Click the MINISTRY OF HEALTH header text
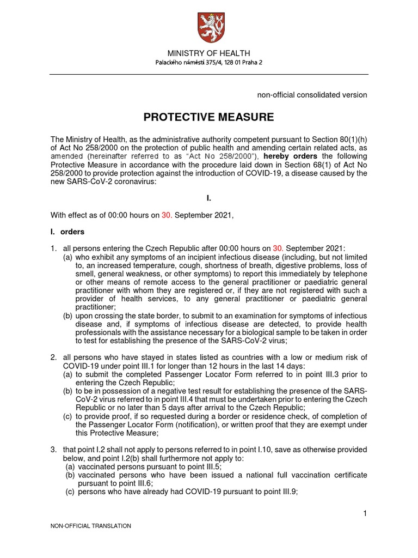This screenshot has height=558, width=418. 208,53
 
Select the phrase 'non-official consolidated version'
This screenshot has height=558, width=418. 312,95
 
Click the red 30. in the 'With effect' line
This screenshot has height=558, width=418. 167,215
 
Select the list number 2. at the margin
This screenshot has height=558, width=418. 54,357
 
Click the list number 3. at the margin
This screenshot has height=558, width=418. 54,450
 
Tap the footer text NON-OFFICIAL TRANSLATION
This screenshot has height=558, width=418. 90,526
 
